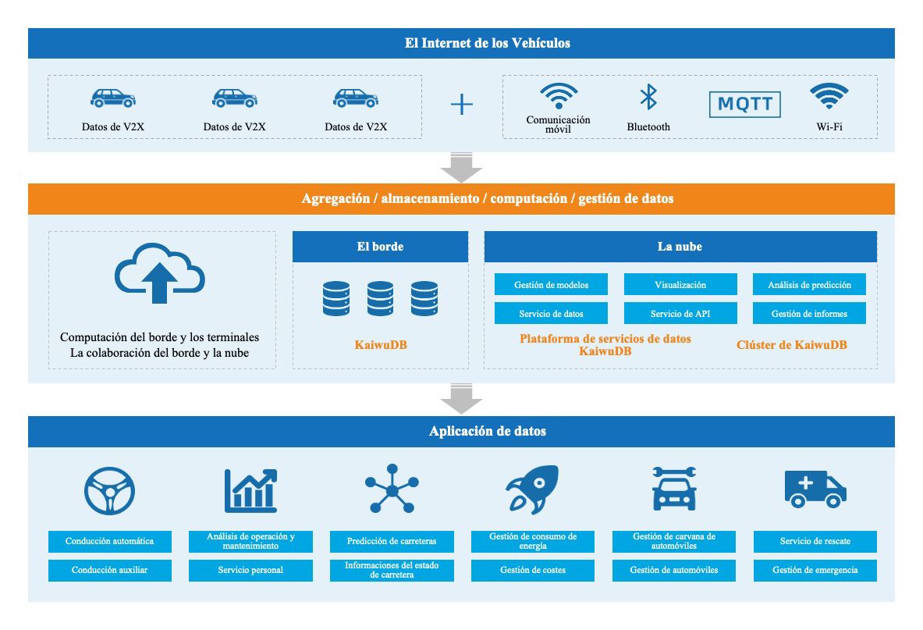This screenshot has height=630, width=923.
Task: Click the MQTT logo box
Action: click(744, 105)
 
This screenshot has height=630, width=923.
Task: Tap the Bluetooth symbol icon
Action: click(648, 98)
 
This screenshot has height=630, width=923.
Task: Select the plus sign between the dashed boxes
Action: click(462, 105)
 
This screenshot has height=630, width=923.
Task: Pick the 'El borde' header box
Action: click(380, 247)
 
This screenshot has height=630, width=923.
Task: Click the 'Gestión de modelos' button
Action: click(552, 285)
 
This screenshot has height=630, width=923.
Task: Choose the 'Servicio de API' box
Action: click(680, 314)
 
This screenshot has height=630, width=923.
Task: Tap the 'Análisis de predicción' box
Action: click(809, 285)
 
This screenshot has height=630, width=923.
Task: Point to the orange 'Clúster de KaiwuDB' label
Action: click(792, 344)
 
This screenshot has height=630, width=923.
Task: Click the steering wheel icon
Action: click(109, 489)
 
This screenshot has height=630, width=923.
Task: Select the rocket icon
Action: click(532, 489)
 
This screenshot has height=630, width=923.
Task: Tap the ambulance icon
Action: click(815, 489)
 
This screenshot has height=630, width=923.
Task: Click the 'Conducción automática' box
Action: click(109, 541)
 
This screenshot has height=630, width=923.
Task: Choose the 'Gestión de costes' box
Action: click(533, 570)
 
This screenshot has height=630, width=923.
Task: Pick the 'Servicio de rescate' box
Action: click(815, 541)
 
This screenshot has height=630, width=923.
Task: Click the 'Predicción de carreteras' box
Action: click(392, 541)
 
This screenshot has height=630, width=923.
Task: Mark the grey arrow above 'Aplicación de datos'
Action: click(461, 399)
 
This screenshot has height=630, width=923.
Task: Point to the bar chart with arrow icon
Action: click(250, 489)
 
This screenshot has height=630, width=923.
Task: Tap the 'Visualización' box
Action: click(680, 285)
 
